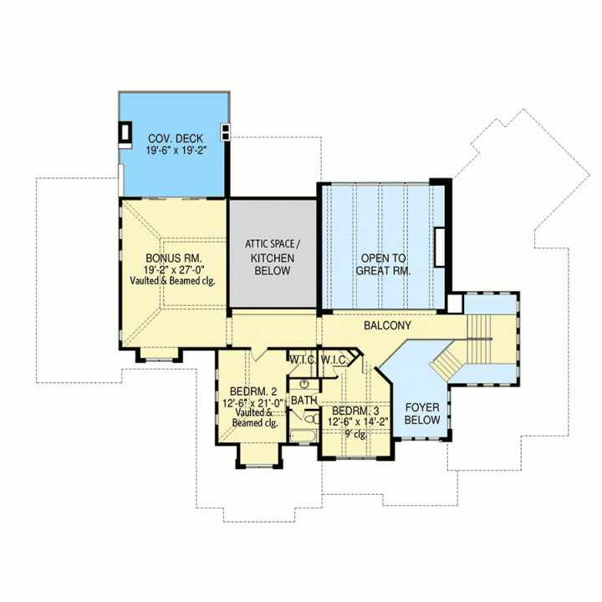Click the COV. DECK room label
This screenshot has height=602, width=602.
click(176, 139)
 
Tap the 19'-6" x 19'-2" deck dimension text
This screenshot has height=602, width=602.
click(176, 150)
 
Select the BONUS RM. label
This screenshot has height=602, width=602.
click(174, 258)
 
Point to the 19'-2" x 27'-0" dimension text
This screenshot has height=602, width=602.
click(174, 269)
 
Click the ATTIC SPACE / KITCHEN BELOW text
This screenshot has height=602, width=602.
click(273, 258)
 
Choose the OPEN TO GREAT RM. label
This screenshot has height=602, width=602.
click(383, 264)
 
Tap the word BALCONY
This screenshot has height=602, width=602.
click(387, 325)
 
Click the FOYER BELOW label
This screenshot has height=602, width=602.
click(422, 414)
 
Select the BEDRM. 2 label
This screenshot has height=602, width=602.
click(253, 391)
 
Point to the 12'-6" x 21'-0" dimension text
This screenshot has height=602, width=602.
click(253, 403)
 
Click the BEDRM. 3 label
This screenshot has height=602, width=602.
click(355, 411)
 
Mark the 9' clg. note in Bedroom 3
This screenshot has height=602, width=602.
click(355, 434)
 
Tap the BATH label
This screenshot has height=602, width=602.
click(304, 400)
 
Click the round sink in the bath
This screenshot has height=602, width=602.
click(304, 384)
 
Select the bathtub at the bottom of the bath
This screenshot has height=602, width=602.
click(304, 436)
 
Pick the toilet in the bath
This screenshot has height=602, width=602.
click(312, 418)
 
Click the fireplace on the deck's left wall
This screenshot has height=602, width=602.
click(125, 132)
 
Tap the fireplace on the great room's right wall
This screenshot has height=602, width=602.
click(440, 247)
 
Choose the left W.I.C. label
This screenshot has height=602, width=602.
click(302, 360)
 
